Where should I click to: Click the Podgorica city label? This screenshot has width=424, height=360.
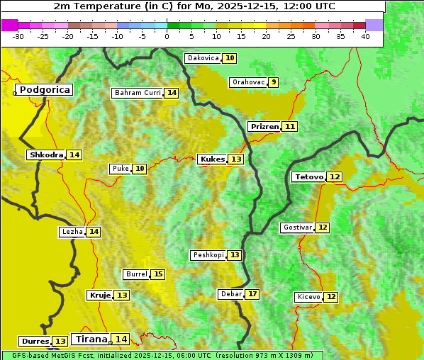[44, 90]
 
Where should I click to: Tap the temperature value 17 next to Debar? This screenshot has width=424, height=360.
[252, 294]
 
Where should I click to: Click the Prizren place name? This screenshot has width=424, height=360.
[264, 126]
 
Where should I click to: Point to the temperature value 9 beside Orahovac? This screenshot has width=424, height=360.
[273, 82]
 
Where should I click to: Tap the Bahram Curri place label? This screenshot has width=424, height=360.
[138, 93]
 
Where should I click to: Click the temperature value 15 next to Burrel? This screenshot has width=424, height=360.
[158, 274]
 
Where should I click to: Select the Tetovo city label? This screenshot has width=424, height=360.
[309, 176]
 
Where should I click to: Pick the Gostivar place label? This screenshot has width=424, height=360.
[297, 227]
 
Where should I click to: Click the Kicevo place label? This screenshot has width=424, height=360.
[308, 297]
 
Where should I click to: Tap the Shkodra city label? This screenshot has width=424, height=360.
[46, 154]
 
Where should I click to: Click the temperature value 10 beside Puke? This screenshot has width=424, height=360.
[140, 169]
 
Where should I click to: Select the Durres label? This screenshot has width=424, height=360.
[35, 342]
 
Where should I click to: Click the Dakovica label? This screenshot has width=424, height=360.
[203, 58]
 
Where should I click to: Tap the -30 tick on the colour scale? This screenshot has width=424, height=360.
[18, 36]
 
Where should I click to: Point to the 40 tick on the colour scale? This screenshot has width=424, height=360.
[365, 36]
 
